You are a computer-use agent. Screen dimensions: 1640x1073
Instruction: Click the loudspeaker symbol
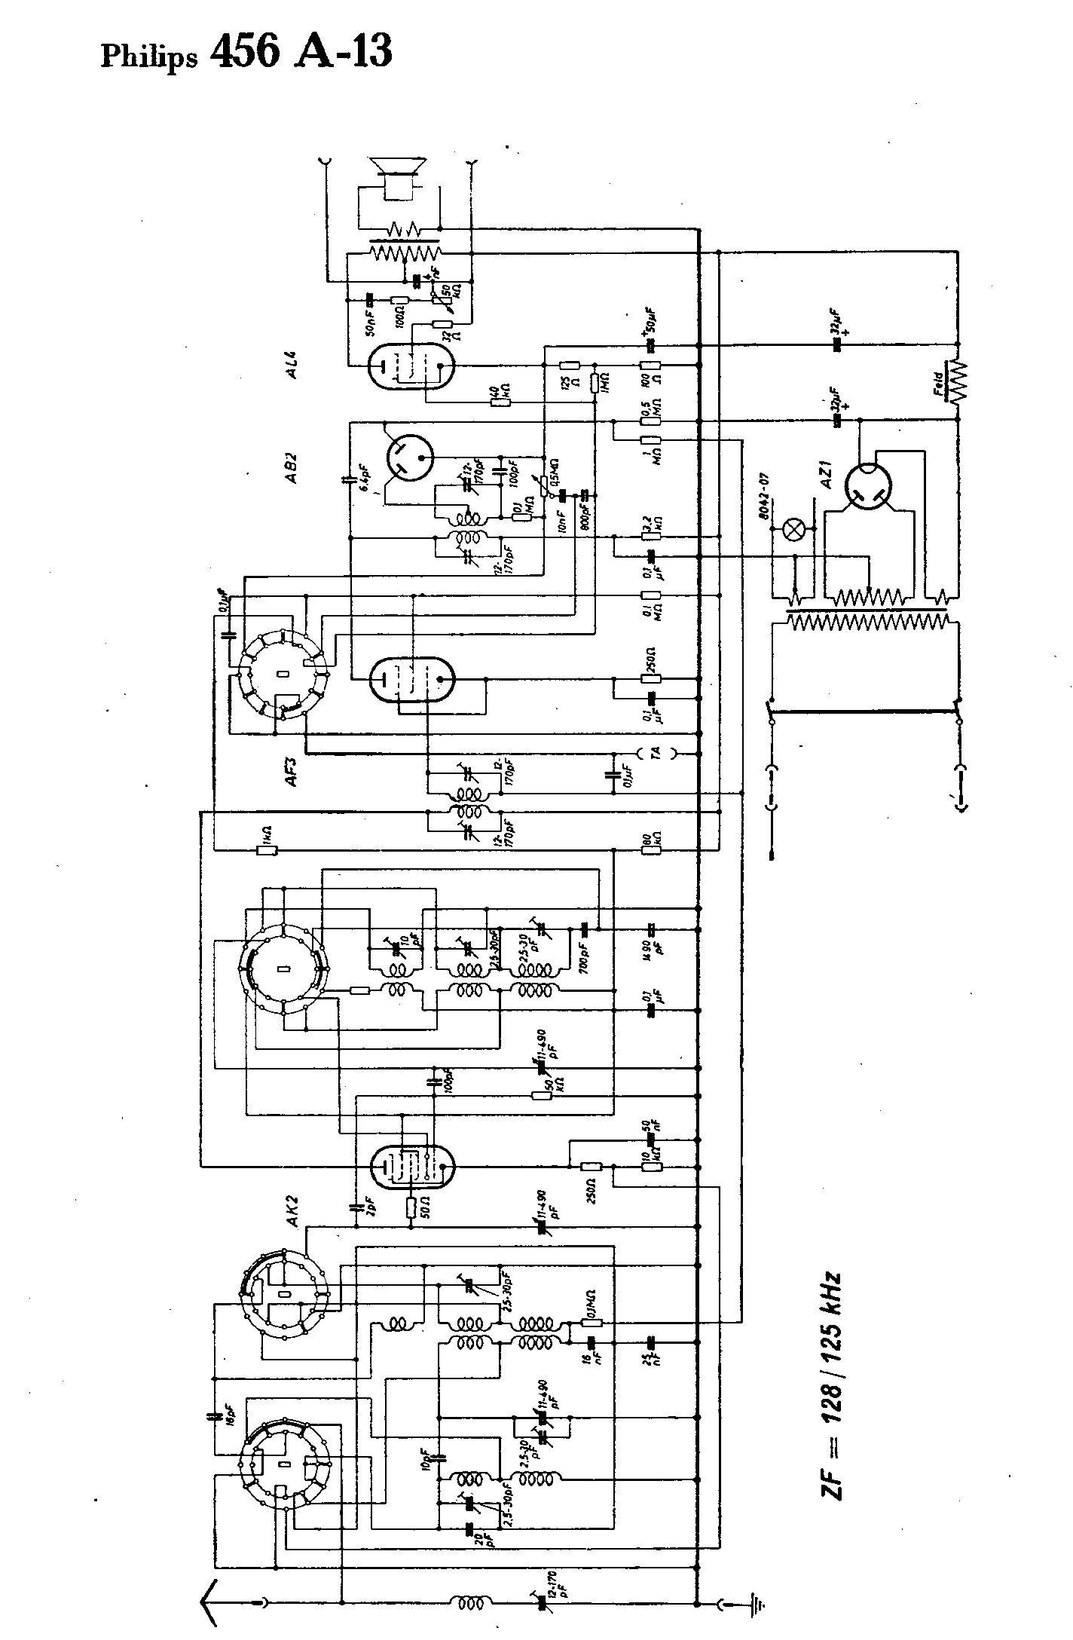[397, 178]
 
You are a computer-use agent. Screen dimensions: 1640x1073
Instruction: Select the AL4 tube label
[290, 367]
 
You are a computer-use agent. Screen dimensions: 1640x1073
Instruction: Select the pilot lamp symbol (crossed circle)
[793, 528]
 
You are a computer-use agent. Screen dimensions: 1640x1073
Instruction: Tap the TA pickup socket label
[655, 751]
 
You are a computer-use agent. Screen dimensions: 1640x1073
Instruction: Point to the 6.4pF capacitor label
[364, 479]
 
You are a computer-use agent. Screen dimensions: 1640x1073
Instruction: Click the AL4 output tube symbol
[412, 367]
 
